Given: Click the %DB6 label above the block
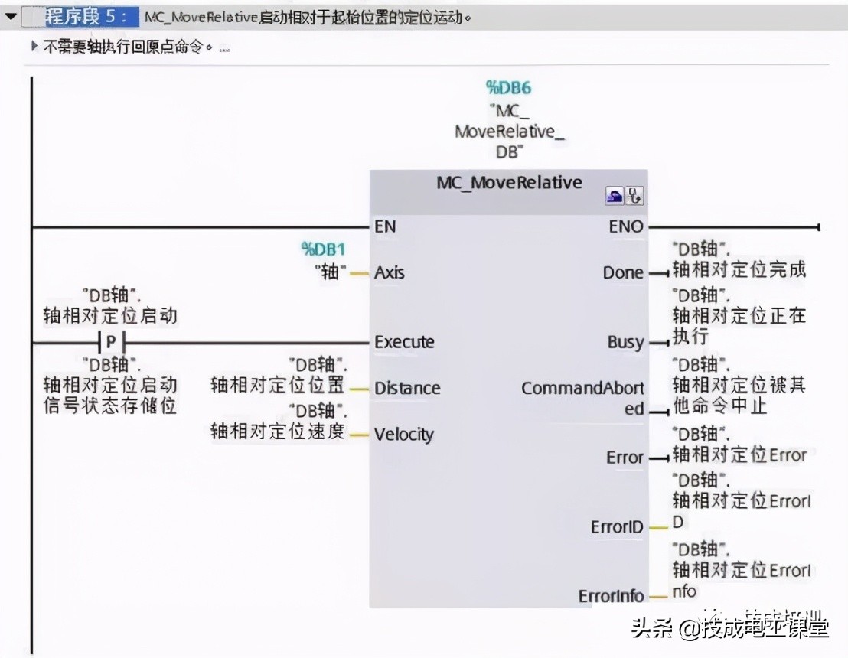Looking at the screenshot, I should (508, 87).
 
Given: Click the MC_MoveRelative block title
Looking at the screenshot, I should (509, 183).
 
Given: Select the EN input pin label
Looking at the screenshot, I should (385, 226).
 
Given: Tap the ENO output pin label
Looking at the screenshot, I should (626, 226).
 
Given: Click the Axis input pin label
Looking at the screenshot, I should (390, 272).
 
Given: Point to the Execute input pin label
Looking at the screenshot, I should (404, 342).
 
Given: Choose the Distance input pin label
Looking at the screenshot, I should (407, 388).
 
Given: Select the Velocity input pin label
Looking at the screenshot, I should (404, 435).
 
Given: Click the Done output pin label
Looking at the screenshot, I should (623, 272).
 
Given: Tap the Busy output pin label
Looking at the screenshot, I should (625, 342).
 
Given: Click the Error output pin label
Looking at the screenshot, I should (625, 458).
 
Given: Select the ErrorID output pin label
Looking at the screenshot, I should (617, 527).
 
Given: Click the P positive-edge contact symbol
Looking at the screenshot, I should (112, 342).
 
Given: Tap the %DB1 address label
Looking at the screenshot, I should (323, 249).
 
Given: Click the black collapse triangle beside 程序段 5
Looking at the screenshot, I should (11, 16).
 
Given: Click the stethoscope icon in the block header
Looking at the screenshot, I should (634, 197).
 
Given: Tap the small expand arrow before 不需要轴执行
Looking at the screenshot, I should (34, 46).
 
